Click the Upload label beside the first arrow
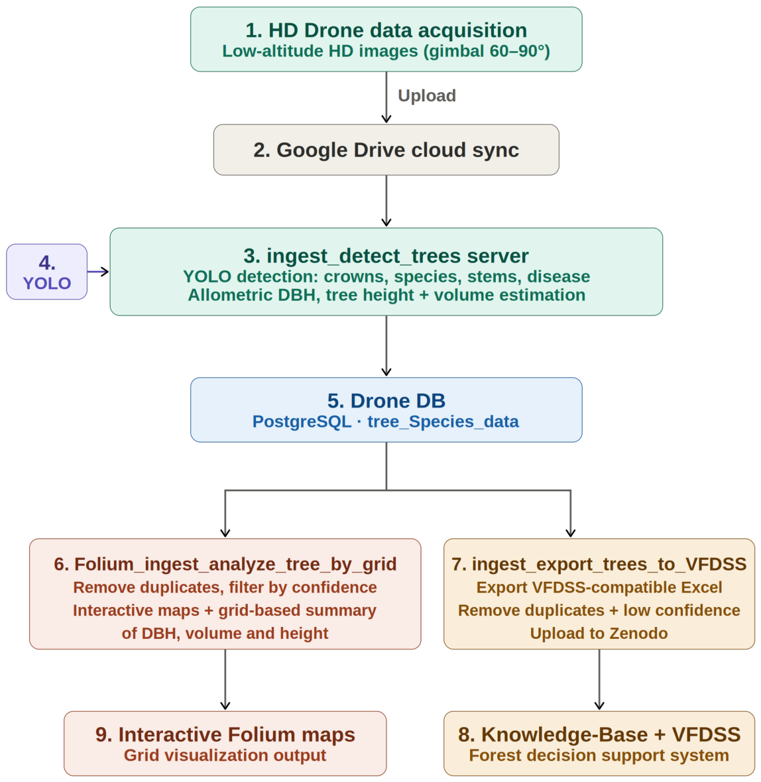pos(427,95)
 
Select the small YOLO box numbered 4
pos(47,272)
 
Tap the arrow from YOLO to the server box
pos(98,272)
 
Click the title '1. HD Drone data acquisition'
pos(386,30)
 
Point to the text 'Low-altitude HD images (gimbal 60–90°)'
pos(386,52)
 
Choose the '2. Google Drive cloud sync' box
pos(386,150)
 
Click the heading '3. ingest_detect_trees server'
pos(386,256)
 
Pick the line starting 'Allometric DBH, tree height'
pos(386,296)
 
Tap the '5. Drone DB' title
pos(386,401)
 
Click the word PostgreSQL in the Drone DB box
pos(302,422)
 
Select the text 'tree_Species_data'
pos(443,422)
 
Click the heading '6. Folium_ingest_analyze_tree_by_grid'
pos(225,565)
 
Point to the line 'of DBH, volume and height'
pos(225,634)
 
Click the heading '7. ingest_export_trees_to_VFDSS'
pos(599,565)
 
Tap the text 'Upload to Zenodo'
pos(599,634)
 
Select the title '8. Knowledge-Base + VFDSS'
pos(599,735)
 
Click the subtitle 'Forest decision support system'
pos(599,755)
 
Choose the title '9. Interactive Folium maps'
pos(225,735)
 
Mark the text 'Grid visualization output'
pos(225,755)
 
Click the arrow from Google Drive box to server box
pos(386,201)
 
